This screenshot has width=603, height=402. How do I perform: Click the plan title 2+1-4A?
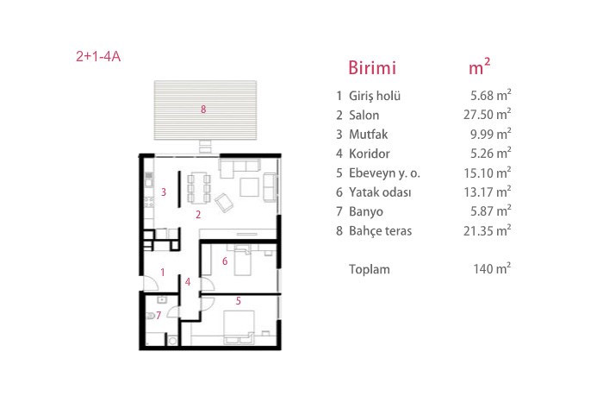point(98,57)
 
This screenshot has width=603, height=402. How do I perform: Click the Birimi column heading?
point(372,68)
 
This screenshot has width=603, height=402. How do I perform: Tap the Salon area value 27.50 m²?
point(487,115)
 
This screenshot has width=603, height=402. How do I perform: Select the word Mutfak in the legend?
point(368,135)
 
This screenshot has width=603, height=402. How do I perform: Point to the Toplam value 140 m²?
point(492,268)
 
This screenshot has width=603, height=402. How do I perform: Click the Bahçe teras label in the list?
point(380,230)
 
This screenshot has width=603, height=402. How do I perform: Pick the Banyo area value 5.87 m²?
point(491,211)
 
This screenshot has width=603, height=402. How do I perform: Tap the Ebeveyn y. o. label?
point(384,173)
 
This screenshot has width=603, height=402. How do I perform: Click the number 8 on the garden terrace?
point(203,110)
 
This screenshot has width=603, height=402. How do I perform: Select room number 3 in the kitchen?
point(164,192)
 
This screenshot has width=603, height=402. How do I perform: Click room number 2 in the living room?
point(198,215)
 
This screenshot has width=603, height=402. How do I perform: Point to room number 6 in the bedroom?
point(225,261)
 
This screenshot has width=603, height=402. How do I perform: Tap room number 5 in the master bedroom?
point(239,301)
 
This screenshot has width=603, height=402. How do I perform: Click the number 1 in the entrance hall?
point(163,273)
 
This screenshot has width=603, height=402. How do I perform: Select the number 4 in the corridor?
point(188,282)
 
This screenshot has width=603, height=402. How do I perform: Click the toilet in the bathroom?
point(151,316)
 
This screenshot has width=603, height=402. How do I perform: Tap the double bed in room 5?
point(239,327)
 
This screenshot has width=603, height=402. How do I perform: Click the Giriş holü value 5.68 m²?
point(491,95)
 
